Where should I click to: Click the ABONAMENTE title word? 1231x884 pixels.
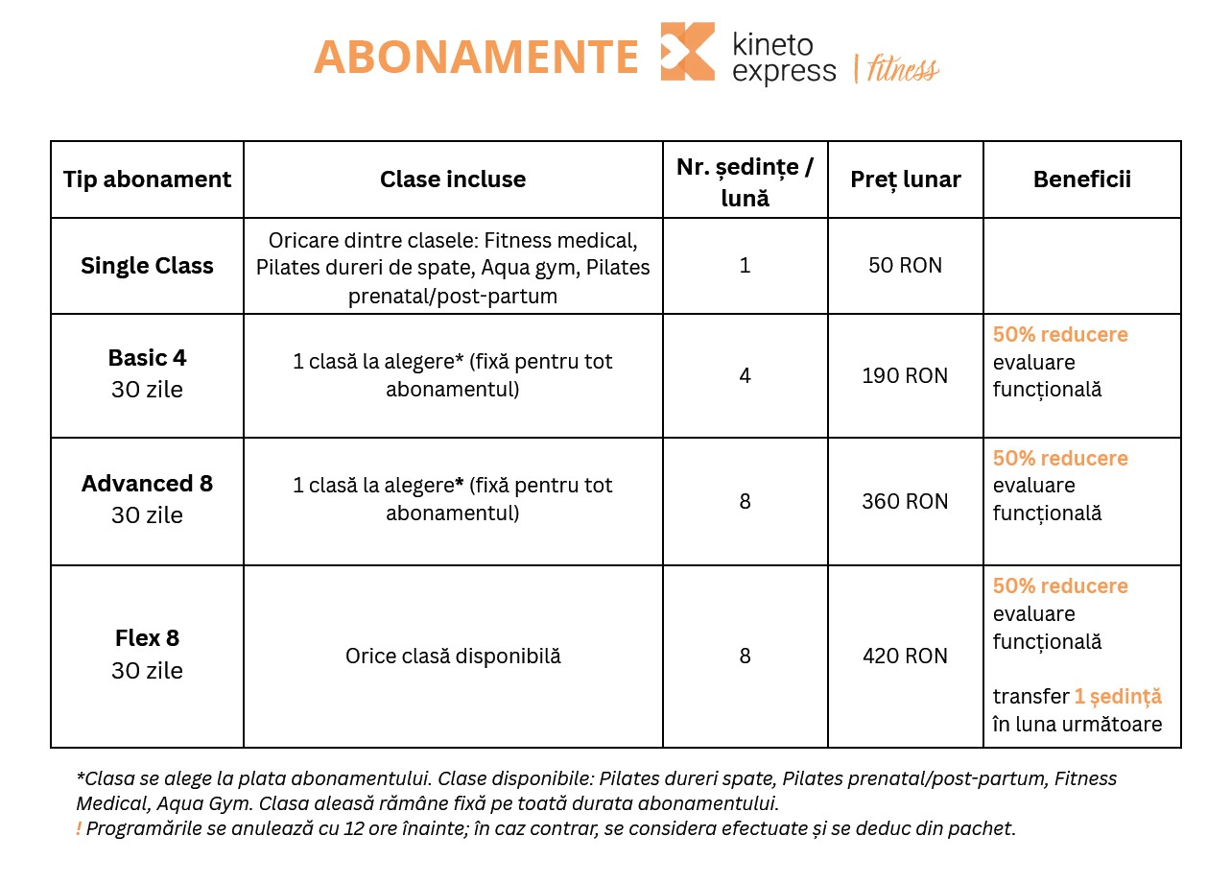click(476, 57)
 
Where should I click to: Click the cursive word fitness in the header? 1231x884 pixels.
click(902, 69)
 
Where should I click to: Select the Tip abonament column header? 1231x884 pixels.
click(147, 179)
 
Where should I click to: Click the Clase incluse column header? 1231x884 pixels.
click(453, 179)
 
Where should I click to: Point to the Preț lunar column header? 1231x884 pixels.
click(906, 179)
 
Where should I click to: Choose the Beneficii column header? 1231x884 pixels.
click(1081, 179)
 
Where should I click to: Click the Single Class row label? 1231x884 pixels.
click(147, 266)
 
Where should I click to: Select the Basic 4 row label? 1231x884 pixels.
click(147, 358)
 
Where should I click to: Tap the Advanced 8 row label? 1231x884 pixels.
click(147, 484)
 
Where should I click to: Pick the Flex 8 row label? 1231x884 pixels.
click(147, 637)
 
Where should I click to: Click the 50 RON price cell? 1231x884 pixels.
click(905, 266)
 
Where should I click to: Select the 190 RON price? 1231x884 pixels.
click(905, 376)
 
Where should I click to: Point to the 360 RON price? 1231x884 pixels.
click(905, 502)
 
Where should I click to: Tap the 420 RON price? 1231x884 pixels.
click(905, 657)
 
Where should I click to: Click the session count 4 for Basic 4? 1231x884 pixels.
click(746, 376)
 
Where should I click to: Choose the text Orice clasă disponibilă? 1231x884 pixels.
click(453, 657)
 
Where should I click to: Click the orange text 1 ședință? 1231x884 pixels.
click(1118, 697)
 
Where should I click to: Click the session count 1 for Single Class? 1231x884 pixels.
click(746, 266)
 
